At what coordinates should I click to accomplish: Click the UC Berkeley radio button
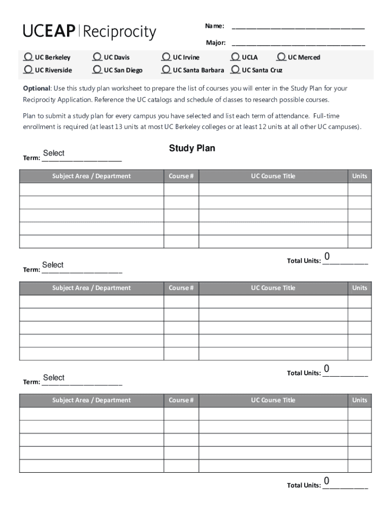coord(28,57)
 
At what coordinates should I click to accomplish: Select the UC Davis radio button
coord(98,57)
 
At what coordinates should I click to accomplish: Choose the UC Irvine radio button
coord(167,57)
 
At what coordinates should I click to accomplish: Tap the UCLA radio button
coord(236,57)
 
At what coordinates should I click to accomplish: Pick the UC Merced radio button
coord(281,57)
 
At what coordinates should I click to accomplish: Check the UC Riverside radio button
coord(28,69)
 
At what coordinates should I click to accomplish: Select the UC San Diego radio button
coord(98,69)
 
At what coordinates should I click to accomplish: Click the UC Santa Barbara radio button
coord(167,69)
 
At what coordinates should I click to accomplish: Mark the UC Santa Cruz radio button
coord(236,69)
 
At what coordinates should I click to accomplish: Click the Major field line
coord(298,43)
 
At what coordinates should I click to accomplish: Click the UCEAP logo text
coord(50,31)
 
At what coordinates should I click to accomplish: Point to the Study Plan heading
coord(192,148)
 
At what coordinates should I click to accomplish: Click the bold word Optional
coord(36,88)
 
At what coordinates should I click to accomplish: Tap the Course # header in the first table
coord(181,176)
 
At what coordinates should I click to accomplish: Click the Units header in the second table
coord(360,288)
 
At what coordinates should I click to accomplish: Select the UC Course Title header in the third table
coord(273,400)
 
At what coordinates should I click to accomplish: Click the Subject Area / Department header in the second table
coord(91,288)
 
